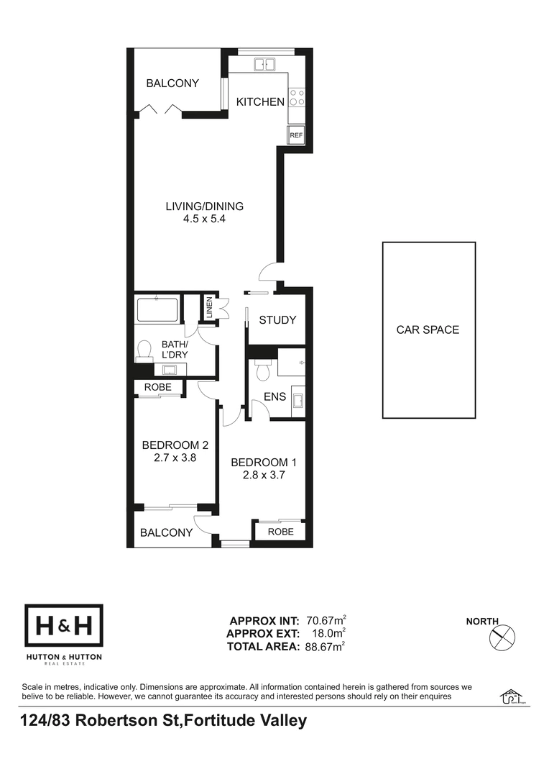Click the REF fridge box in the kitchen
296,135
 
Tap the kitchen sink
264,65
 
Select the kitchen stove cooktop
297,97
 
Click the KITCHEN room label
260,101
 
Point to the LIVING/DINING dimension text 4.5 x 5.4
205,219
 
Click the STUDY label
277,320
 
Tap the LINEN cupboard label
209,308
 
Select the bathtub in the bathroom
157,309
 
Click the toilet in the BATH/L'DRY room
144,349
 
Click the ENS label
274,396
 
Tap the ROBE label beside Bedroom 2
158,387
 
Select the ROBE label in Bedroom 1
281,532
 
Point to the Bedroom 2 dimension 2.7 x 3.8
175,458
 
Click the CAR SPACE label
428,330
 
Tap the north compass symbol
502,637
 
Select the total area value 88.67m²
326,647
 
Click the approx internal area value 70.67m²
326,620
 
